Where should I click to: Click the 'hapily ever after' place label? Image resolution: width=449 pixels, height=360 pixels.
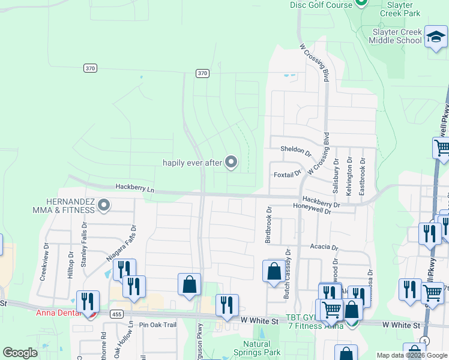click(x=192, y=163)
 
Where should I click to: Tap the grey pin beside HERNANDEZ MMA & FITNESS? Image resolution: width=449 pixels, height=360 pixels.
click(x=104, y=206)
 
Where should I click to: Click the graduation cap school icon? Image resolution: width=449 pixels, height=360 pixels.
click(x=434, y=38)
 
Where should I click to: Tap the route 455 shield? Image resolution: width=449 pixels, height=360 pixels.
click(x=116, y=313)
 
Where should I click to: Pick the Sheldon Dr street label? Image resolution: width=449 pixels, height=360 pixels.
click(x=295, y=150)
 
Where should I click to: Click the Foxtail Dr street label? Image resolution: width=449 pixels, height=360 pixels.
click(x=287, y=174)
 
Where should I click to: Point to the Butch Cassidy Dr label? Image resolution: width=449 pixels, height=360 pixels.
click(x=288, y=275)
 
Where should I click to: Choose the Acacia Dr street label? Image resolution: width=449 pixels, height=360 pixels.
click(x=325, y=247)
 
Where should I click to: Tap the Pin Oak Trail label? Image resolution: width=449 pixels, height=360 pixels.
click(x=158, y=325)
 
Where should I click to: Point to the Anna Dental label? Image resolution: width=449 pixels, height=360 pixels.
click(x=58, y=313)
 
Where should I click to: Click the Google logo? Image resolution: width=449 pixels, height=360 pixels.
click(x=20, y=353)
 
